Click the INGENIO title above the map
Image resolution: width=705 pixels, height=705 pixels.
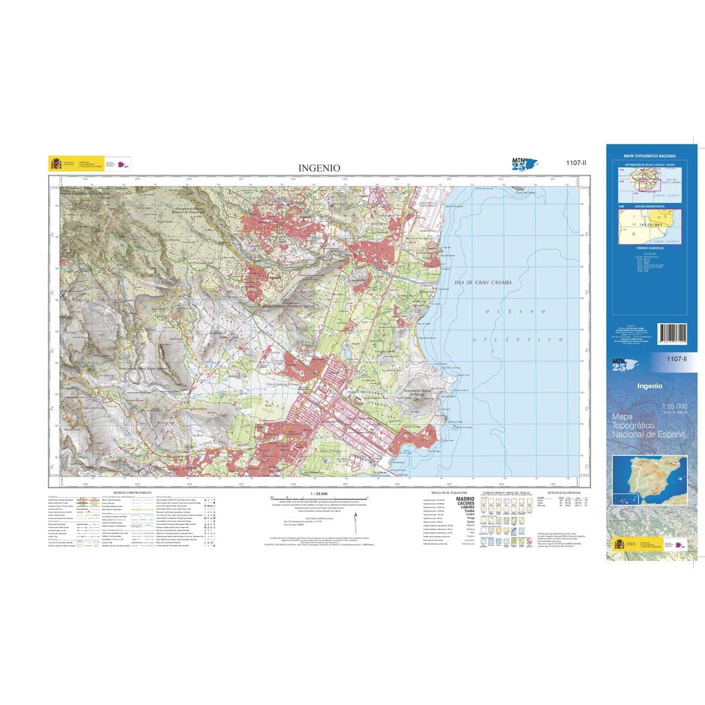coord(319,168)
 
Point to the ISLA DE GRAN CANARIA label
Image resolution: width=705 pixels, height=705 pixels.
coord(483,283)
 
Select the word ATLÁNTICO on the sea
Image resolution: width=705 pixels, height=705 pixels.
coord(519,340)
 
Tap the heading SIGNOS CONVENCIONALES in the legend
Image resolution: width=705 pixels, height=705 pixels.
coord(127,493)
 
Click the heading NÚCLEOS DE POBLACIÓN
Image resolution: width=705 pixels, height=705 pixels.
coord(449,492)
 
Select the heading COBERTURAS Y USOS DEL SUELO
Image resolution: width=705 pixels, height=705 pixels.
coord(506,493)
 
